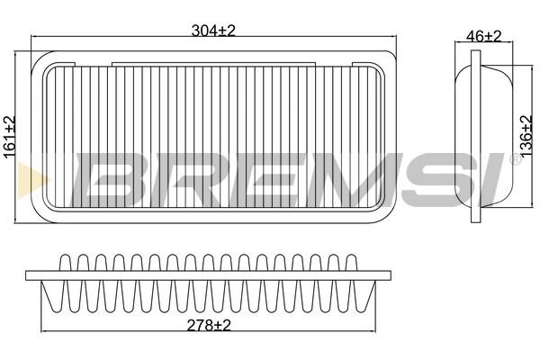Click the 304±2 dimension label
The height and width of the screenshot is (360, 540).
coord(213,31)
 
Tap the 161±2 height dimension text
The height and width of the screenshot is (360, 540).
coord(10,137)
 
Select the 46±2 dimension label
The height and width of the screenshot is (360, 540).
coord(483,36)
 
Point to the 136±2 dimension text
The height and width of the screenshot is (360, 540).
coord(526,137)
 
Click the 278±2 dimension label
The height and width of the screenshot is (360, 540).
coord(209,325)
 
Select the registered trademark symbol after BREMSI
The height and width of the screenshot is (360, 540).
coord(514,159)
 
